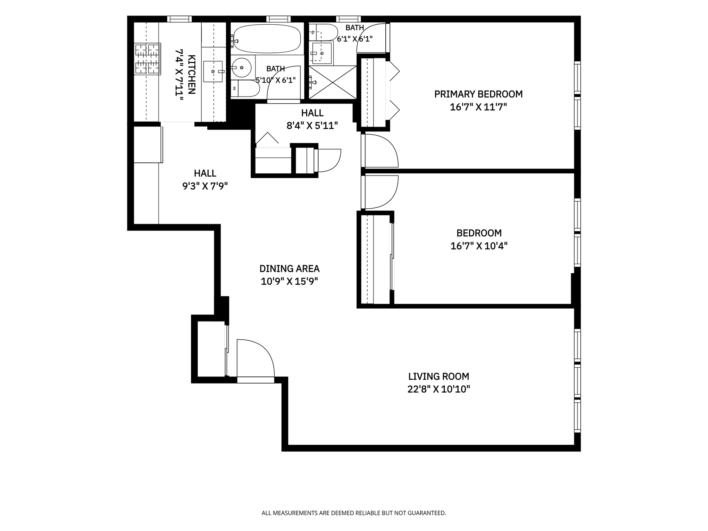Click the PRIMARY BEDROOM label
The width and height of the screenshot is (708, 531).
(x=478, y=94)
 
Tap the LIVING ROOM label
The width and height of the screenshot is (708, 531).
(x=438, y=376)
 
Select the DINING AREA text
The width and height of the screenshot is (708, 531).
(x=289, y=268)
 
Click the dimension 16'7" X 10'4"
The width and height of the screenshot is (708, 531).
(x=479, y=246)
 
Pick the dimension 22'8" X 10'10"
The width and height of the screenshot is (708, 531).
(x=438, y=389)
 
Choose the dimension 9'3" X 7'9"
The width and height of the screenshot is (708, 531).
(x=205, y=186)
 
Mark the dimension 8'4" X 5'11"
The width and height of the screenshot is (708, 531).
(x=312, y=126)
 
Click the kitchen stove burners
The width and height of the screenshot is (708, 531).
(x=147, y=59)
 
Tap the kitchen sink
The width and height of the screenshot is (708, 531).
(x=214, y=72)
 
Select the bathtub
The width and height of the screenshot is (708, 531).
(x=267, y=39)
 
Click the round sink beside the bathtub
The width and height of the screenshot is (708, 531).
(x=242, y=67)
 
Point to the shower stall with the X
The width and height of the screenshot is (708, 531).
(x=333, y=82)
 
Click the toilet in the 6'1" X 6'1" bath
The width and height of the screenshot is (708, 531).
(x=323, y=32)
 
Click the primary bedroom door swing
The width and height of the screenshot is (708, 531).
(x=381, y=151)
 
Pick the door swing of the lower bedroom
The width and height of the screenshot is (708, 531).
(x=381, y=192)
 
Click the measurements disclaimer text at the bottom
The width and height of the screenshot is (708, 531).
(x=354, y=513)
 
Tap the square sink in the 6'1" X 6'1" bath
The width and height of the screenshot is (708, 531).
(x=322, y=53)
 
